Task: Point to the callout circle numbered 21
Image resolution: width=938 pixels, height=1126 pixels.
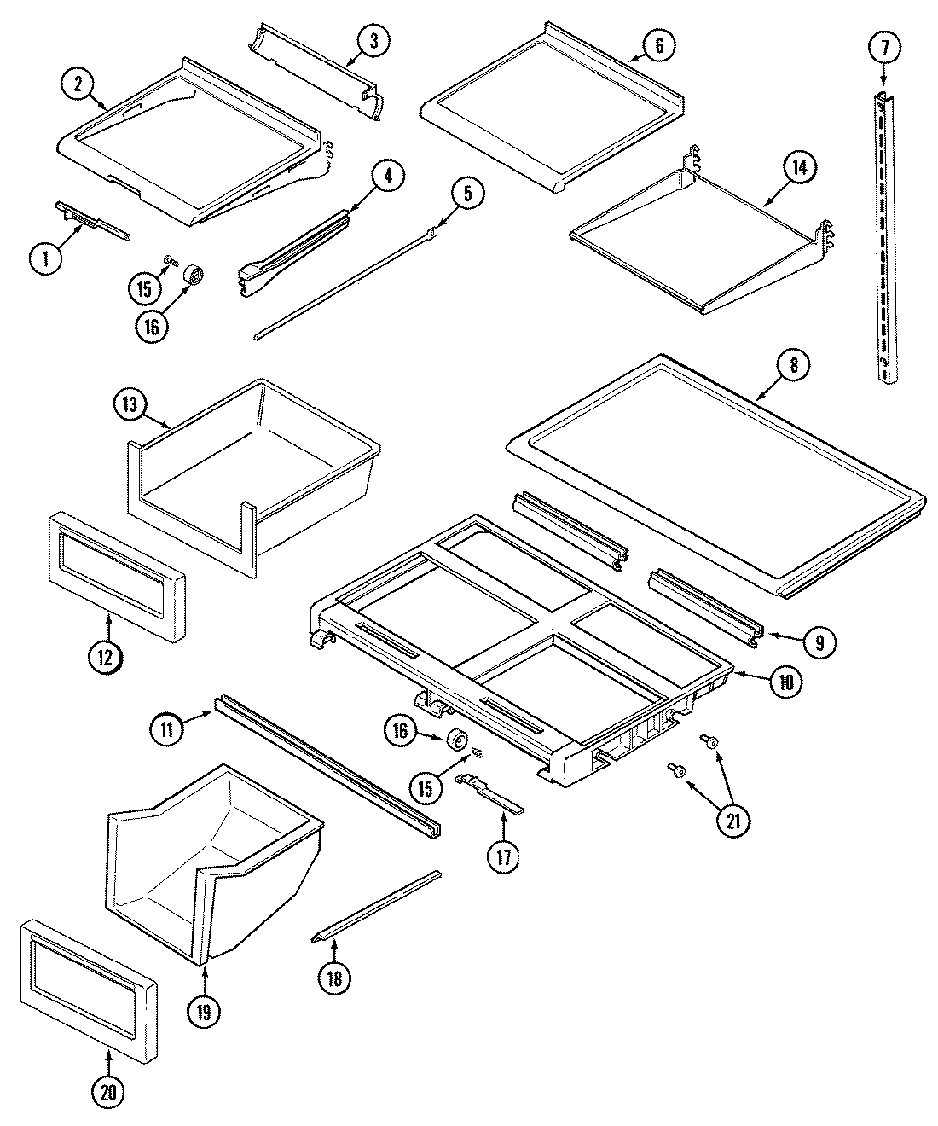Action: [734, 821]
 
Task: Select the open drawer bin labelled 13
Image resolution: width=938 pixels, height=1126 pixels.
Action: [256, 478]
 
